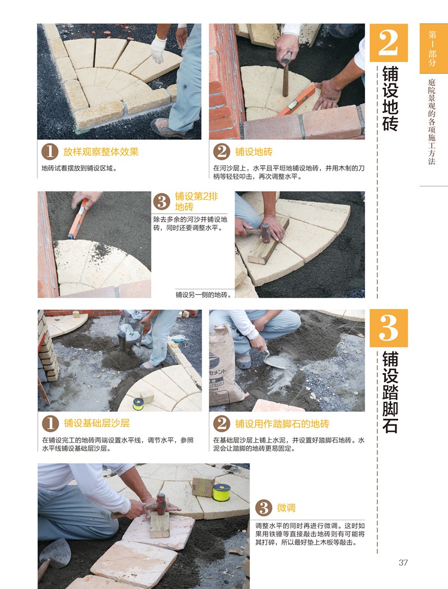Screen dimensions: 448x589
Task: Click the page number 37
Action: (403, 562)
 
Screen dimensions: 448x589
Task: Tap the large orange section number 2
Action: (389, 43)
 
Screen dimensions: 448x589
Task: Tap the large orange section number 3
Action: (389, 328)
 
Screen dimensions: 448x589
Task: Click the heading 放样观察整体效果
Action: (101, 152)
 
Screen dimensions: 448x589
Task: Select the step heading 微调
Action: (286, 508)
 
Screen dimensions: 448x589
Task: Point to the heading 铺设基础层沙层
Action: (97, 423)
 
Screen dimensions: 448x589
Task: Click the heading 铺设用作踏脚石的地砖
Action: (282, 424)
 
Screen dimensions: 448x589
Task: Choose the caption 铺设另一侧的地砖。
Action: (203, 294)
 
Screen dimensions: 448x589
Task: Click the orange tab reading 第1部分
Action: (432, 49)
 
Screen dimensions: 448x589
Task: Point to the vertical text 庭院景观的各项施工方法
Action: (432, 121)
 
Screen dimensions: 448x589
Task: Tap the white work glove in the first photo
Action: (158, 49)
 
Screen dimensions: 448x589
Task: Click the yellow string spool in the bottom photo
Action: (222, 492)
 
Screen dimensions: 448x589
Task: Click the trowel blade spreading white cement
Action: (274, 361)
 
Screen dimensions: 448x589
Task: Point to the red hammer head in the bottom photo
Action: (161, 504)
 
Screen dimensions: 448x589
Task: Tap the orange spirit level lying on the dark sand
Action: (78, 219)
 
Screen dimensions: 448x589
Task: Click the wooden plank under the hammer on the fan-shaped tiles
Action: (269, 241)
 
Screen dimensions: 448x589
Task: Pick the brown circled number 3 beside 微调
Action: (264, 508)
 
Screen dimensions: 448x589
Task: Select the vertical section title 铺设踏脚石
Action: (390, 392)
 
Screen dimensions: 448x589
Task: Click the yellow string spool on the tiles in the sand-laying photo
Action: (138, 404)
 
